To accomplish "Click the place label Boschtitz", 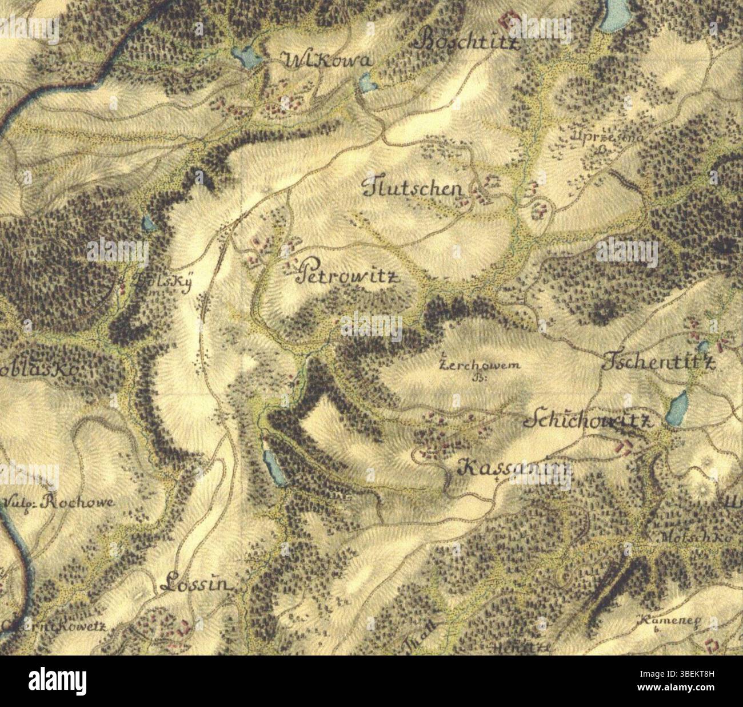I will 470,41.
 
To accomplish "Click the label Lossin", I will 196,585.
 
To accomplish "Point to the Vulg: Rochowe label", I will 59,503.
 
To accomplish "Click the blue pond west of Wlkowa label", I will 245,56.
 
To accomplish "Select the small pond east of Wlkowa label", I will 367,85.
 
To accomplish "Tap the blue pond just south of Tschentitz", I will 677,408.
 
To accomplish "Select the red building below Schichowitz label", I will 625,446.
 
